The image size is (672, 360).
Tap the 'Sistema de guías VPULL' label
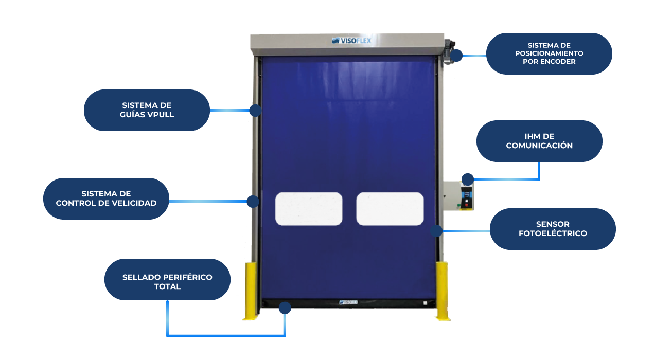[x=147, y=110]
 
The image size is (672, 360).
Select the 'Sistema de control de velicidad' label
[x=106, y=199]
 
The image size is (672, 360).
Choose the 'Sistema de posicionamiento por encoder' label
[x=549, y=53]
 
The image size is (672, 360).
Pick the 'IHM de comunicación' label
[x=539, y=141]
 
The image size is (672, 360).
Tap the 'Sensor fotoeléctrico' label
[x=553, y=229]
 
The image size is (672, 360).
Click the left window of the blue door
[x=309, y=209]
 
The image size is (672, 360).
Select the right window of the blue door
[x=390, y=209]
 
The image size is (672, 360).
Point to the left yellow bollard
[x=251, y=291]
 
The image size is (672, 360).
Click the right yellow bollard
[x=442, y=291]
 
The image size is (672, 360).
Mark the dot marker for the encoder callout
[x=456, y=55]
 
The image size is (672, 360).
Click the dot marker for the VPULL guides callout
[x=255, y=110]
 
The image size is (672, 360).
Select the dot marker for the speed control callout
[x=253, y=201]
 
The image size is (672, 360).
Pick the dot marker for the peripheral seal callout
[x=285, y=308]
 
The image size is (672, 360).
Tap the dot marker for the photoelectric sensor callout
[x=436, y=230]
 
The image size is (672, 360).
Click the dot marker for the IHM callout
[x=467, y=179]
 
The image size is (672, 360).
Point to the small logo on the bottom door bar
[x=348, y=303]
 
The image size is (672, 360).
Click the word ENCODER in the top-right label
[x=559, y=61]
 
